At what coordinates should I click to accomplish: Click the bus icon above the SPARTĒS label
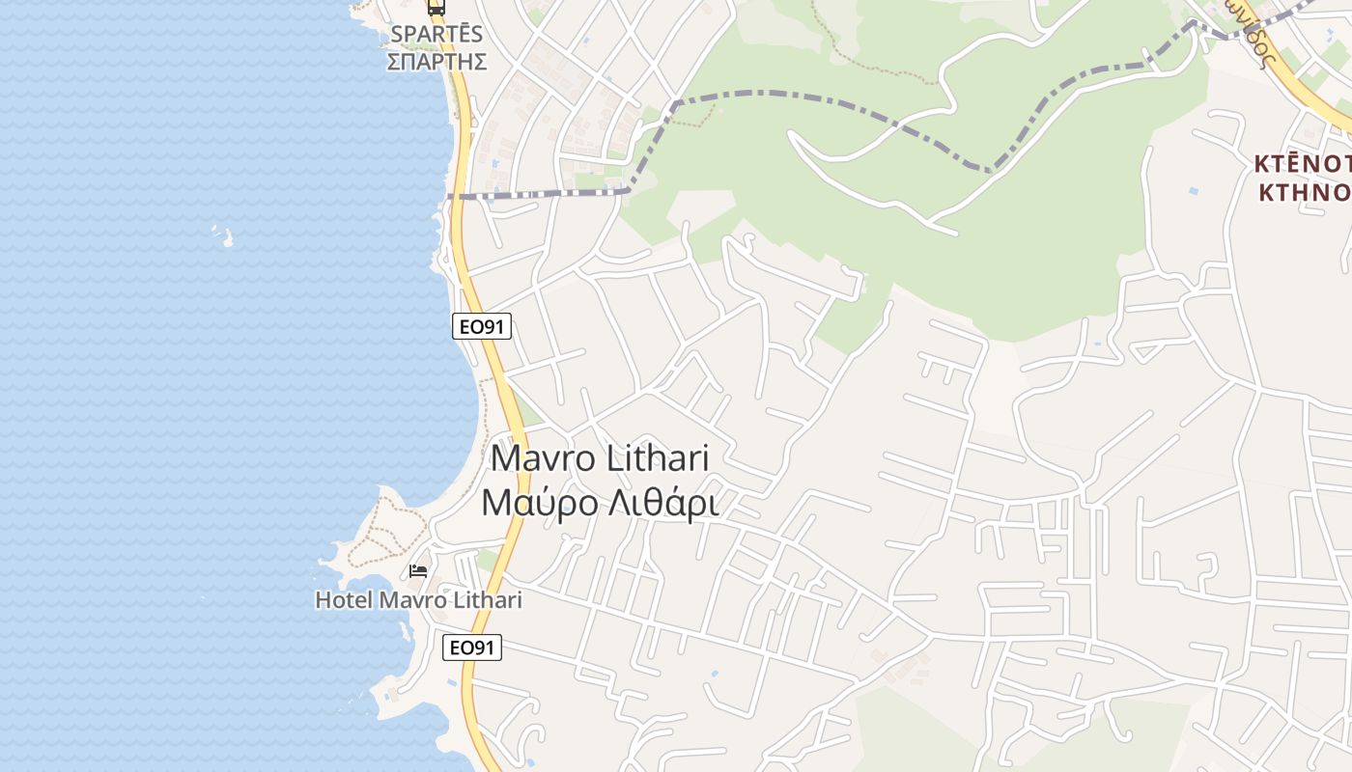(437, 8)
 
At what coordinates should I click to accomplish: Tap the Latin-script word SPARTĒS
(437, 35)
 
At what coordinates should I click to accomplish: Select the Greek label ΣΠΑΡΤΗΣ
(437, 62)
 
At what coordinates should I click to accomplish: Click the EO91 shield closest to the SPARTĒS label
(481, 327)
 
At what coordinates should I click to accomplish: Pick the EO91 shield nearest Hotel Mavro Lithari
(472, 648)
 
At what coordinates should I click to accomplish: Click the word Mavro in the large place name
(544, 457)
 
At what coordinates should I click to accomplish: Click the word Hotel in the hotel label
(344, 600)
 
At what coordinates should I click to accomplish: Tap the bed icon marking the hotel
(418, 571)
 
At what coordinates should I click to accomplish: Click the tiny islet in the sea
(224, 236)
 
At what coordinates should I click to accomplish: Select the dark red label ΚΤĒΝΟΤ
(1302, 163)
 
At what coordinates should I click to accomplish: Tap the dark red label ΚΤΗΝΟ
(1304, 191)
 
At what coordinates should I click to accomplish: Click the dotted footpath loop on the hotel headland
(386, 531)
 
